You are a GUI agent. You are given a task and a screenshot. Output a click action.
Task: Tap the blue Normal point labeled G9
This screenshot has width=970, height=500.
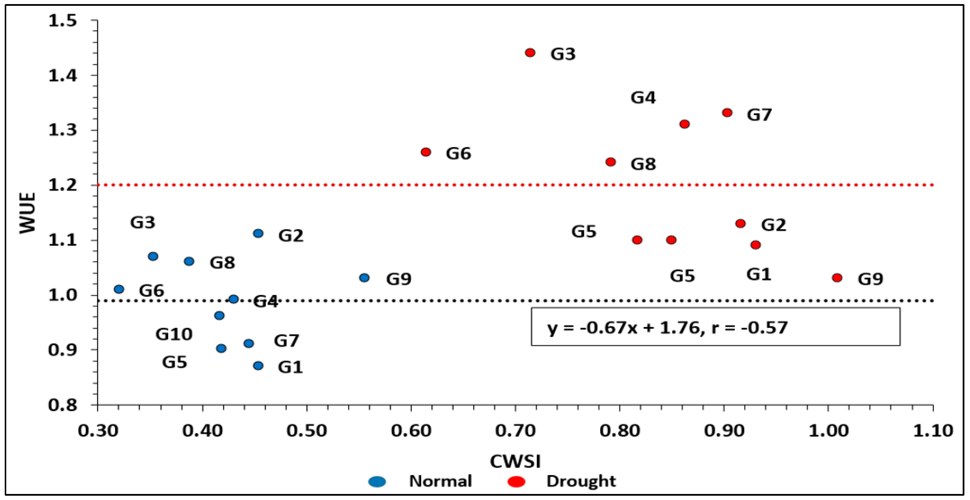(x=364, y=278)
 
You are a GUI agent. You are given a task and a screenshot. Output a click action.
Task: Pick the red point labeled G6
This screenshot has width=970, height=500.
(x=426, y=152)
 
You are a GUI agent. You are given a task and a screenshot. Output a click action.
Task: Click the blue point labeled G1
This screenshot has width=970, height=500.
(x=258, y=366)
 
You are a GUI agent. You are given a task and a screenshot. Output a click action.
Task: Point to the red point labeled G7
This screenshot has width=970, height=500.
(x=727, y=113)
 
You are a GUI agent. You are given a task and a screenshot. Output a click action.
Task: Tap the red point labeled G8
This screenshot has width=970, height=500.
(x=611, y=162)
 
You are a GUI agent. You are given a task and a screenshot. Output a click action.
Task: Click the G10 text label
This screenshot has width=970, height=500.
(x=174, y=334)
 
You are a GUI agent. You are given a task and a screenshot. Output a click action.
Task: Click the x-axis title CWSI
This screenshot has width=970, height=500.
(x=515, y=461)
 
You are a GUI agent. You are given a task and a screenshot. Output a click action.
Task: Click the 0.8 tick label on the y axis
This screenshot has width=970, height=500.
(x=62, y=405)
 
